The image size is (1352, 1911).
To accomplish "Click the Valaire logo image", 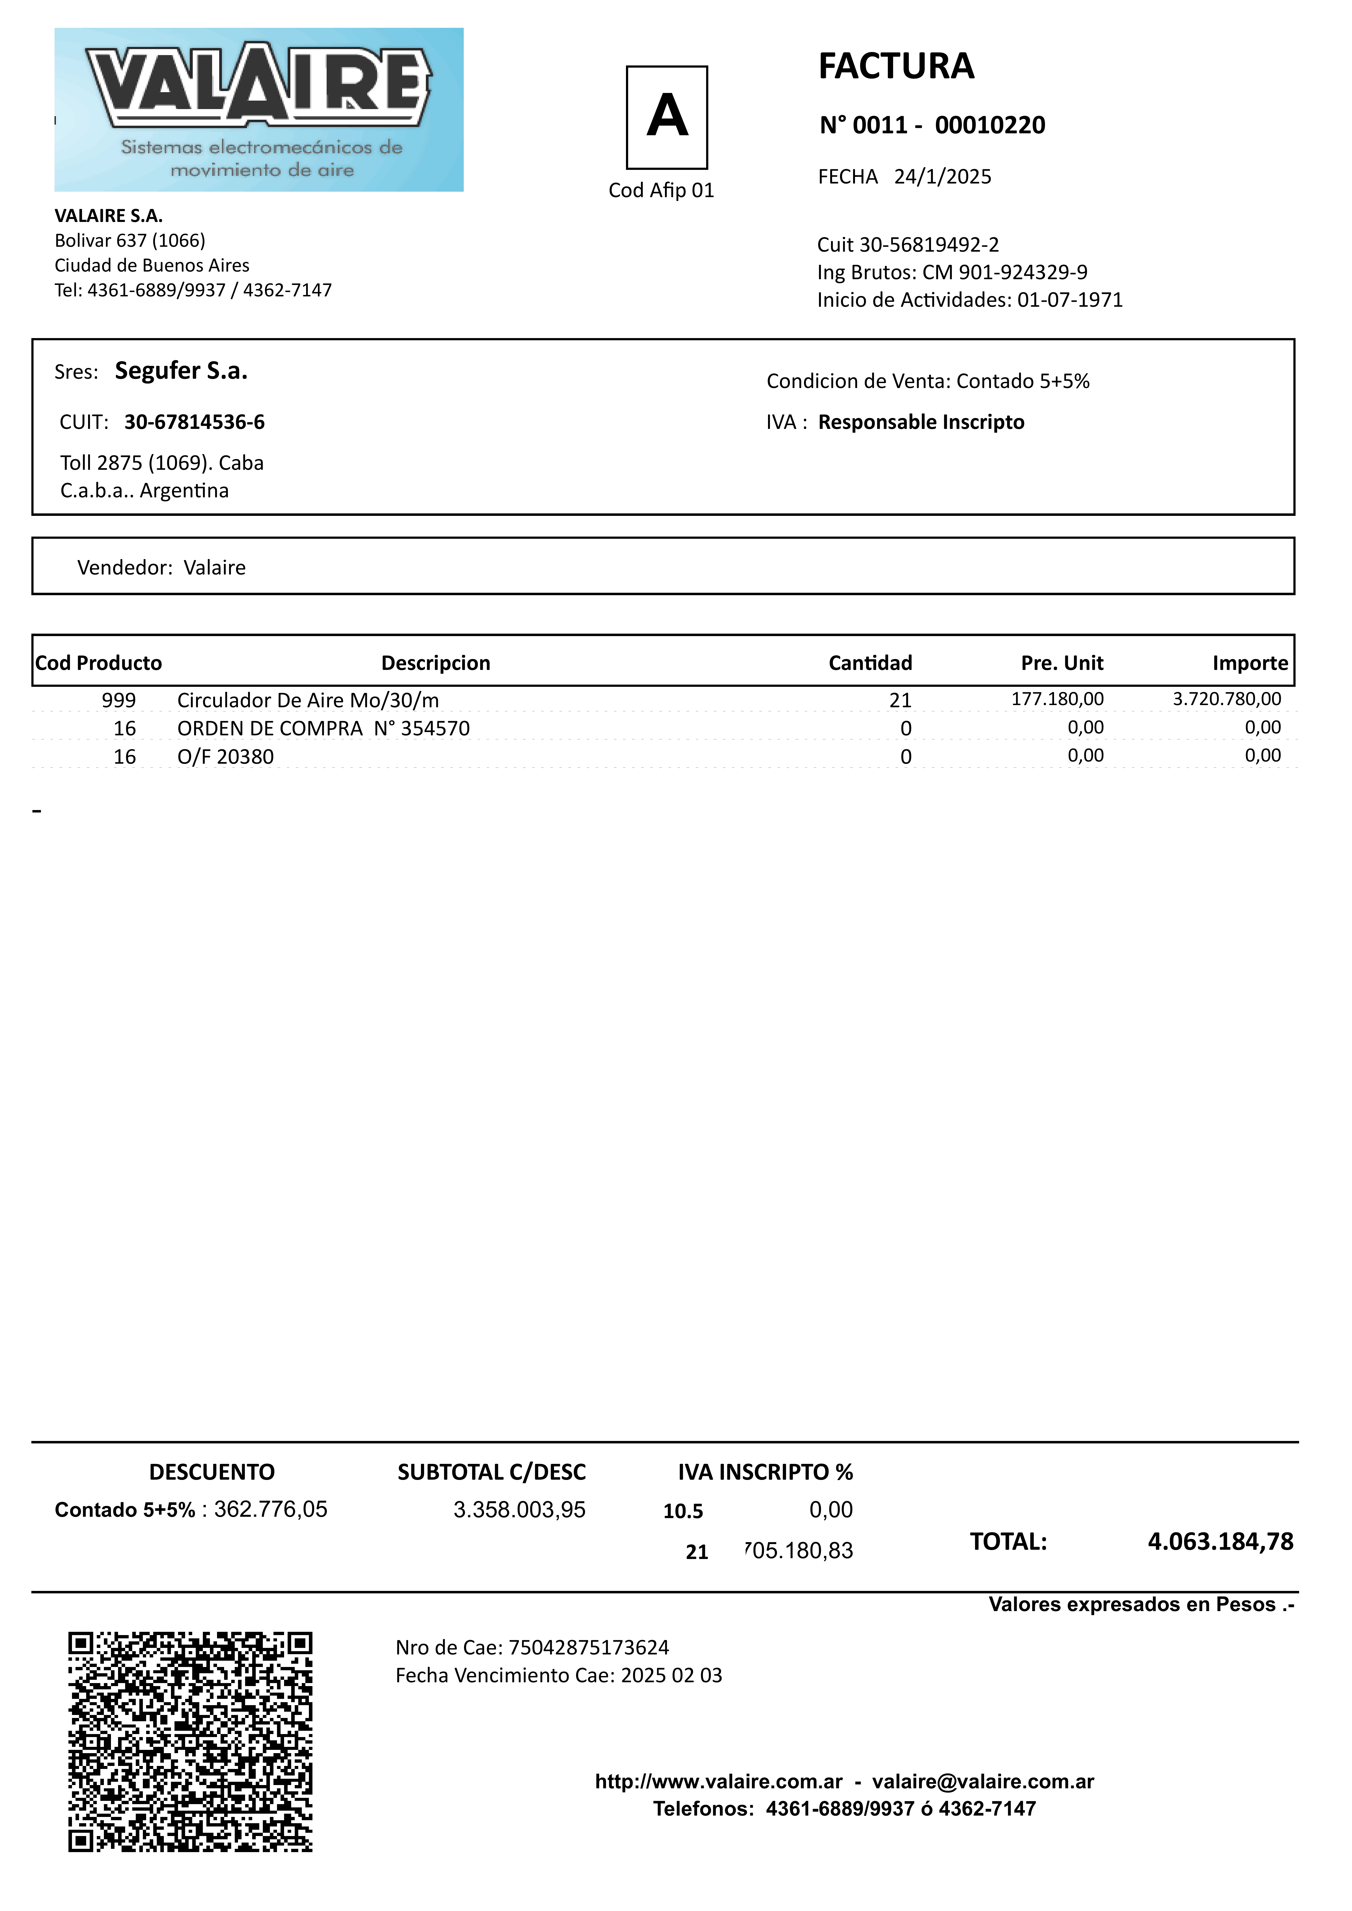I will click(x=259, y=110).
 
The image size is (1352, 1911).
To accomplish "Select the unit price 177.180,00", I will click(x=1057, y=699).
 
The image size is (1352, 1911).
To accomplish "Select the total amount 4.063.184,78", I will click(x=1221, y=1542).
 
